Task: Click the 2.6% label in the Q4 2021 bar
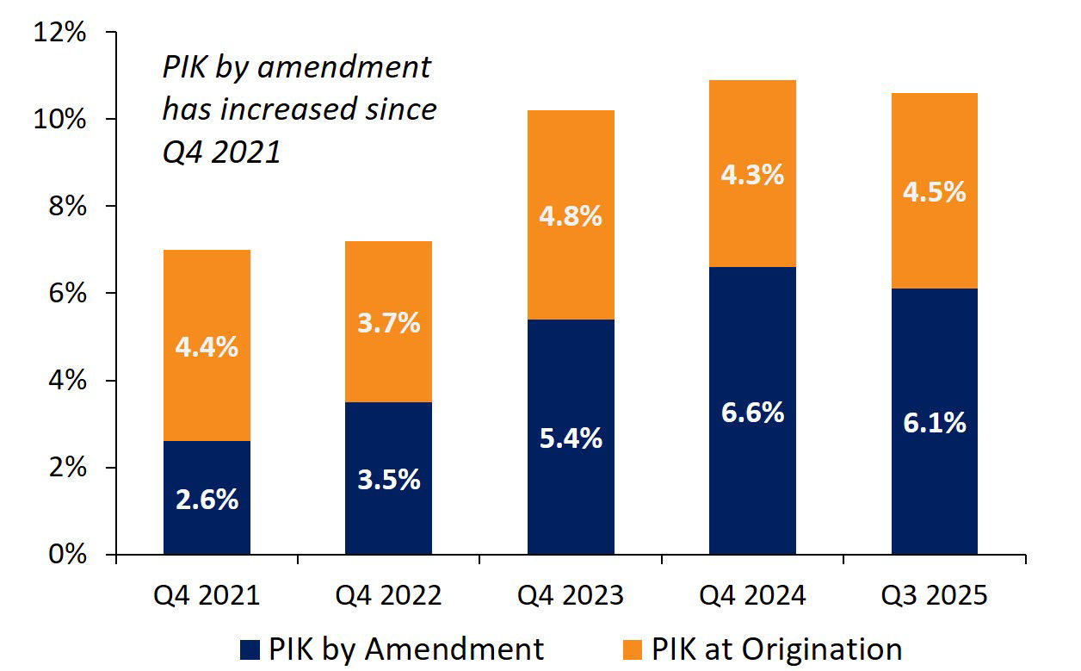207,500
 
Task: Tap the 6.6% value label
752,413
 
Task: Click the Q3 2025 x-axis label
935,595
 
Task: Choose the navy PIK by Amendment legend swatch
250,649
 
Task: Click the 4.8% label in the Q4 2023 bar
570,215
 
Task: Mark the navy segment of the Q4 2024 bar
752,482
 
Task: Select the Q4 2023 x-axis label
571,595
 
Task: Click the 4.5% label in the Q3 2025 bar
935,191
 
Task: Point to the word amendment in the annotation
356,67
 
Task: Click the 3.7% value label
388,323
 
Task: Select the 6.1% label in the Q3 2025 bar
935,423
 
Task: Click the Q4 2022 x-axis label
388,595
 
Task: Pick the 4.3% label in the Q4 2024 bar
752,175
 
